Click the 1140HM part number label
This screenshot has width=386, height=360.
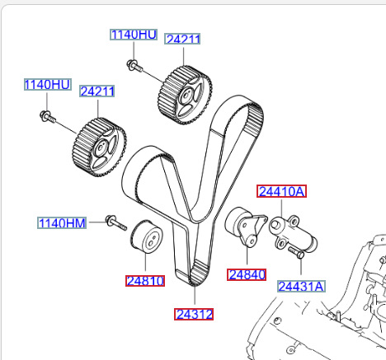tap(62, 222)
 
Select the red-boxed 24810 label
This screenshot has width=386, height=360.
tap(145, 281)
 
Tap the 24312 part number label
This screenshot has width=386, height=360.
tap(194, 314)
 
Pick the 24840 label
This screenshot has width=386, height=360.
tap(247, 274)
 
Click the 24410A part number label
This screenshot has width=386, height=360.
tap(281, 191)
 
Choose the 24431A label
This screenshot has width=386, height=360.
tap(301, 287)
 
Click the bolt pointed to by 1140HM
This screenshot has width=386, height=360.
tap(115, 222)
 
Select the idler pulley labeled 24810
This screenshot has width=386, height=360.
tap(146, 236)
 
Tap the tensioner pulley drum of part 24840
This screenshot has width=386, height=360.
tap(234, 221)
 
